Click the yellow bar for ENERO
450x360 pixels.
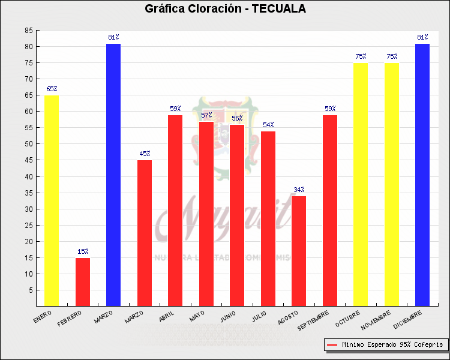pyautogui.click(x=52, y=201)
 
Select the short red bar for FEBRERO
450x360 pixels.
pyautogui.click(x=83, y=282)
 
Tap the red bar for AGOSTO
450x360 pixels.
pyautogui.click(x=299, y=251)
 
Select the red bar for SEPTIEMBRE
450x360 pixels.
pyautogui.click(x=330, y=211)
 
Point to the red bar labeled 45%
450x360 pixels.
pyautogui.click(x=145, y=233)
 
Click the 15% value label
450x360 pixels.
pyautogui.click(x=83, y=251)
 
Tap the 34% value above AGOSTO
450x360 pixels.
pyautogui.click(x=299, y=190)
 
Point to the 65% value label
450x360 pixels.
pyautogui.click(x=52, y=89)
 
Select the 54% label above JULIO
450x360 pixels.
pyautogui.click(x=268, y=125)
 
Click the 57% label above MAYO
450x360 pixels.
pyautogui.click(x=206, y=115)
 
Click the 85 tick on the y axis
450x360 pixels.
pyautogui.click(x=29, y=31)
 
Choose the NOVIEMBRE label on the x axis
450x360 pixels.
pyautogui.click(x=376, y=322)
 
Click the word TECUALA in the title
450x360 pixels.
pyautogui.click(x=278, y=9)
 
